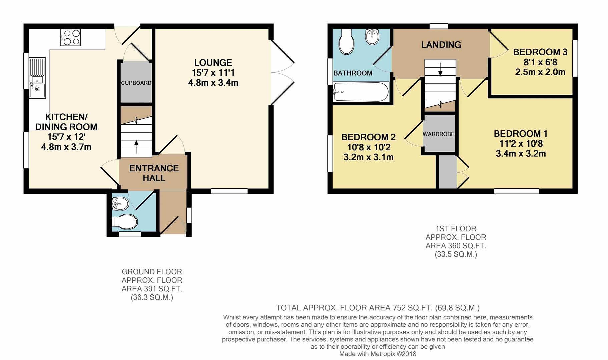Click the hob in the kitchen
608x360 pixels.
tap(70, 37)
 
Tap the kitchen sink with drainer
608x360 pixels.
tap(37, 78)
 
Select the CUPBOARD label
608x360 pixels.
tap(136, 83)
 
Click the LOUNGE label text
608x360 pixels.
tap(213, 63)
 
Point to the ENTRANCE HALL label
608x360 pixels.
tap(154, 173)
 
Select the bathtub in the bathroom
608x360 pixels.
tap(361, 92)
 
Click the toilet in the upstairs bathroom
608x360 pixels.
tap(346, 42)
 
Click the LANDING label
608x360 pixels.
tap(441, 45)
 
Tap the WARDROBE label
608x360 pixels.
tap(439, 134)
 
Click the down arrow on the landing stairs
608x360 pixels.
tap(440, 69)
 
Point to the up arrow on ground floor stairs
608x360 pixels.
tap(136, 147)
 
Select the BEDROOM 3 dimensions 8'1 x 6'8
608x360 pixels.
tap(540, 62)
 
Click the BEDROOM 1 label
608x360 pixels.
tap(521, 134)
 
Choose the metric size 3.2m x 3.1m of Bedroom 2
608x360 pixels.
tap(369, 157)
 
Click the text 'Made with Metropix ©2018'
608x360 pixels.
tap(378, 354)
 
